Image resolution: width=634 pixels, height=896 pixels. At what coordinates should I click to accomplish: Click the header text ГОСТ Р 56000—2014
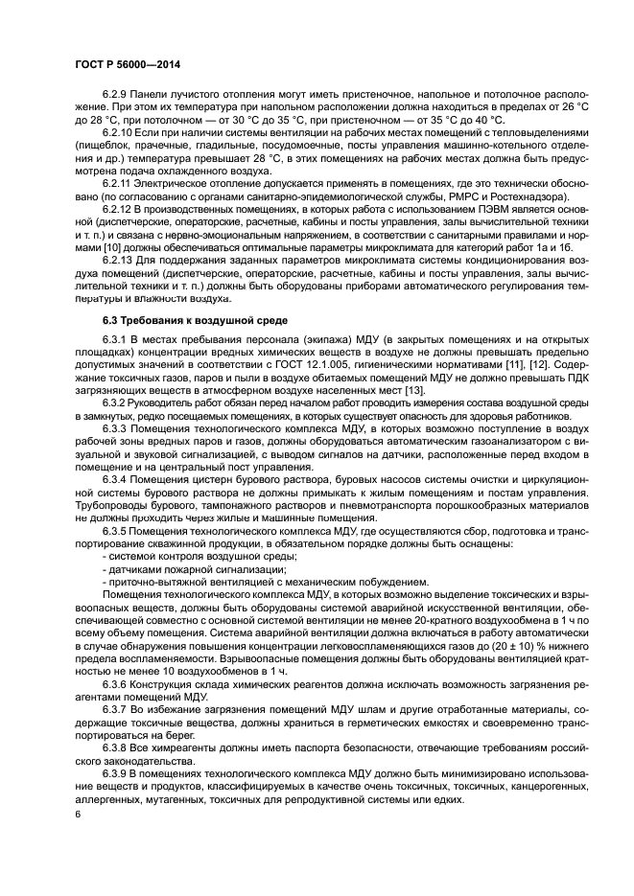pyautogui.click(x=128, y=64)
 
